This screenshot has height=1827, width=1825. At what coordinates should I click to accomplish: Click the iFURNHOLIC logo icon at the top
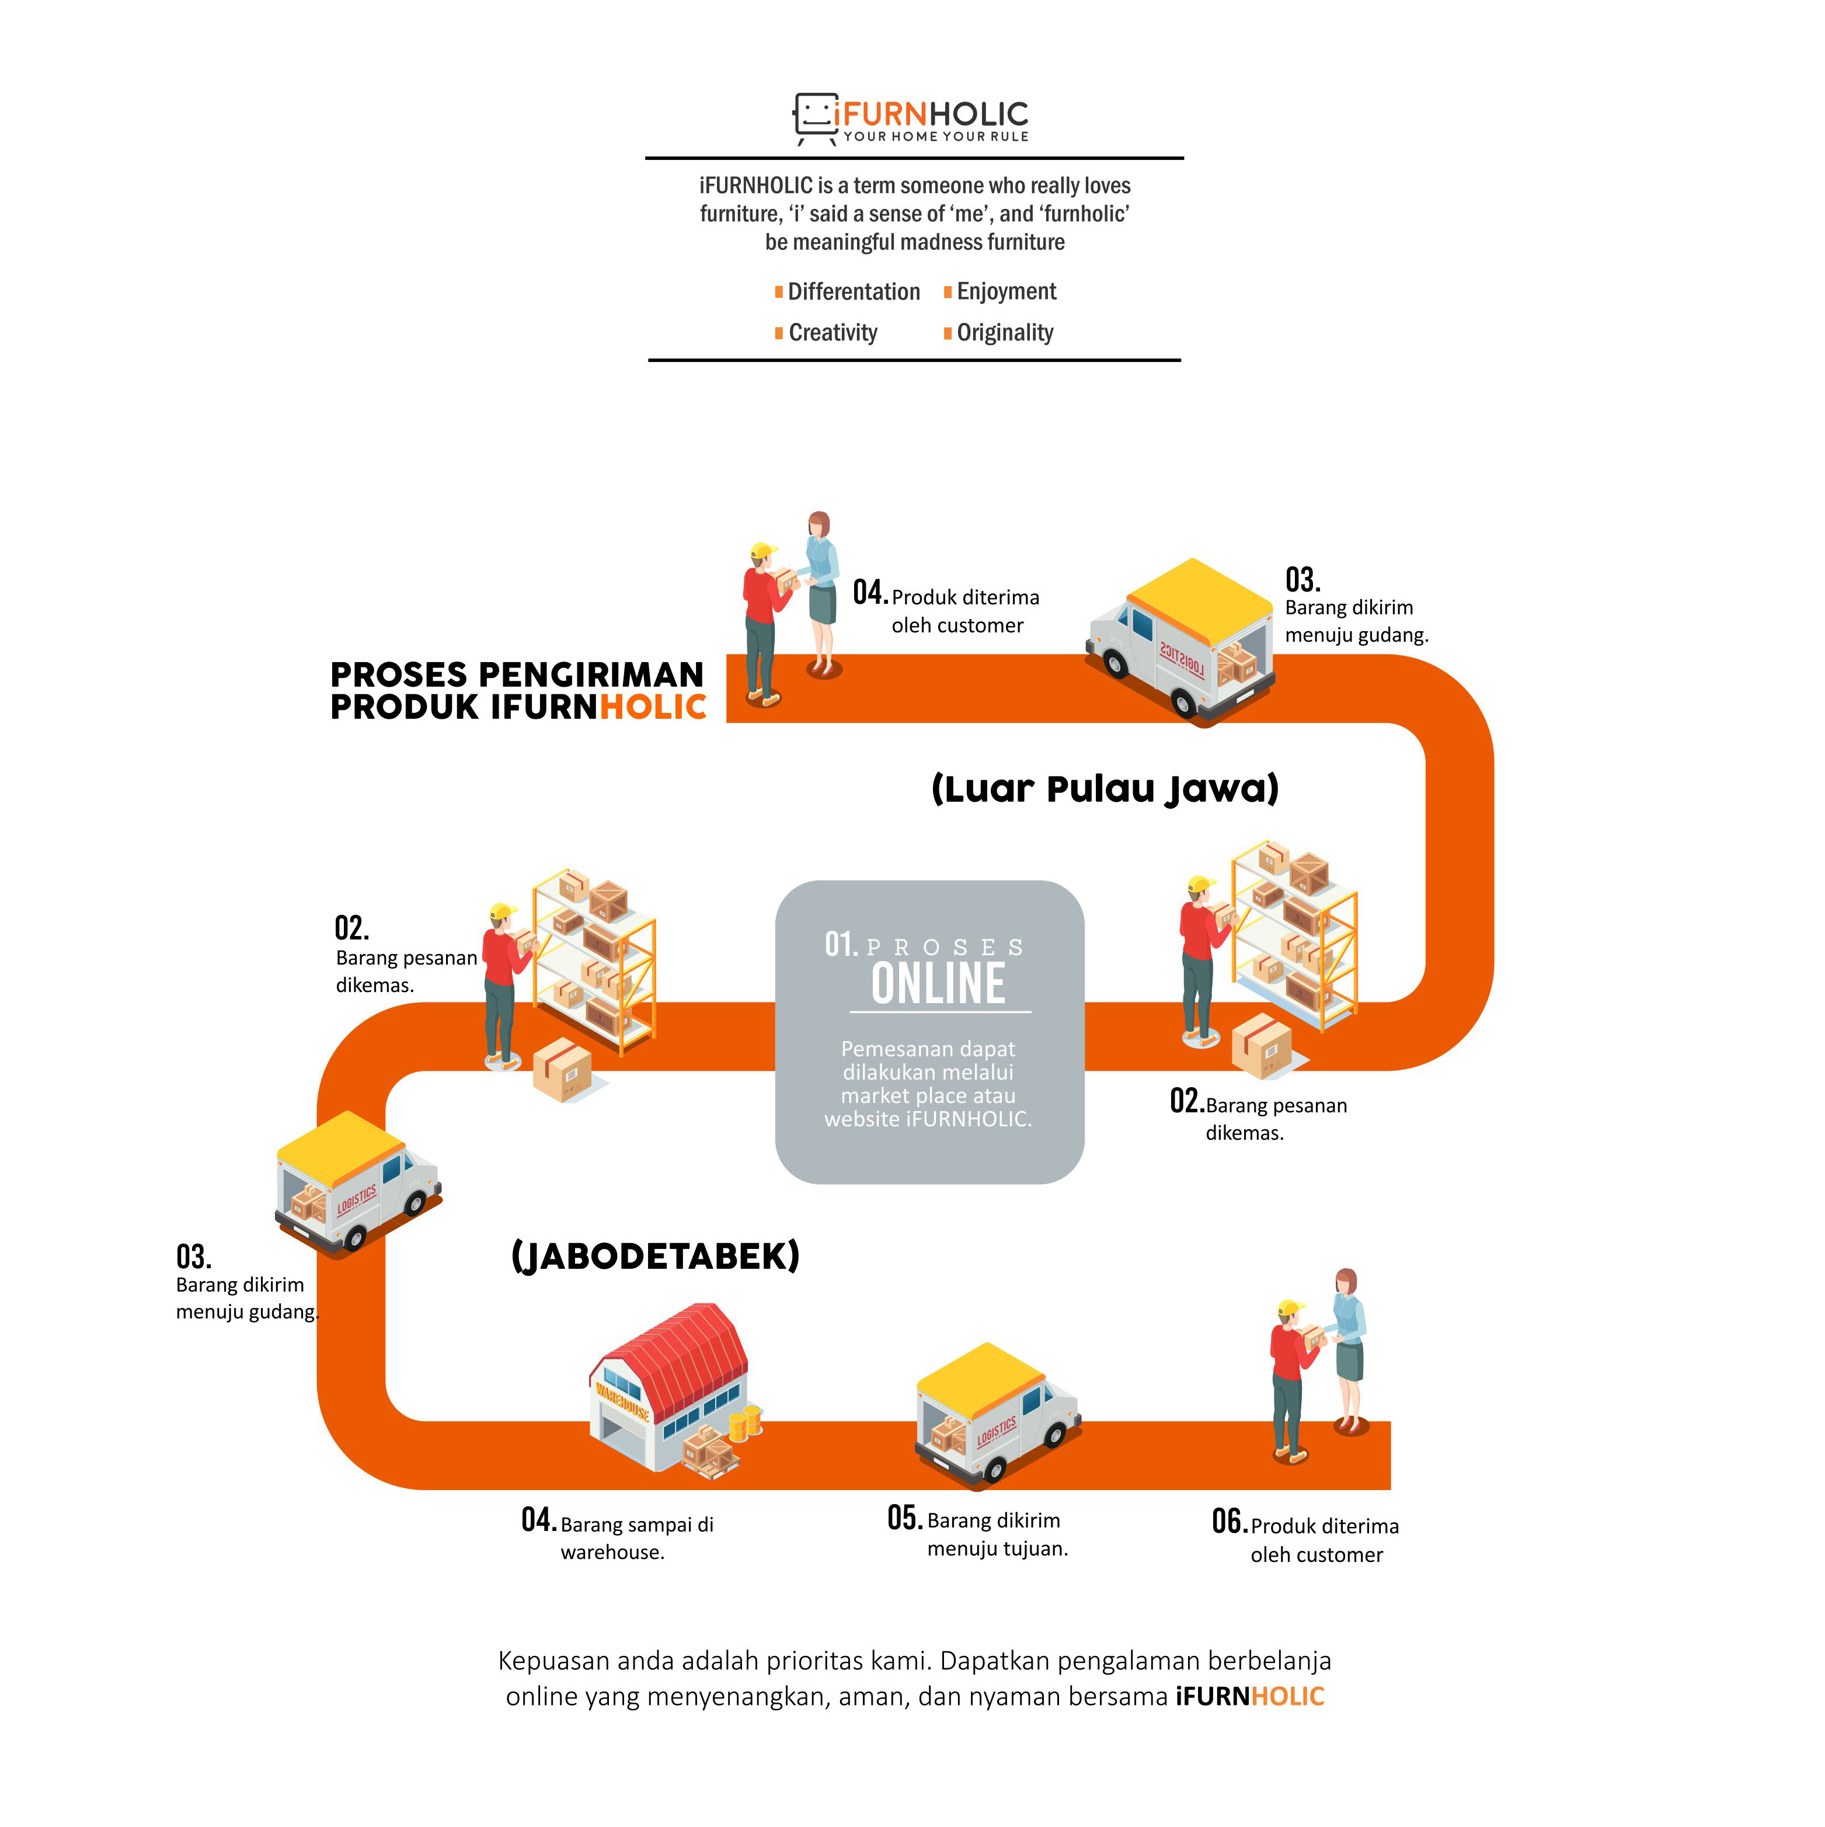coord(815,118)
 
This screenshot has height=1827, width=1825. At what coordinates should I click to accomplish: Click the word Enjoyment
coord(1006,291)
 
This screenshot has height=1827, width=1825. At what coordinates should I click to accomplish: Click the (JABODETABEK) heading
coord(655,1257)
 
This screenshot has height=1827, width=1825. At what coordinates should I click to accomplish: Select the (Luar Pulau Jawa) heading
coord(1105,789)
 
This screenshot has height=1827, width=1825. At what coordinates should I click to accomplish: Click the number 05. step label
coord(905,1518)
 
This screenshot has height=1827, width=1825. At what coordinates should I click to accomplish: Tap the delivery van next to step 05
coord(997,1413)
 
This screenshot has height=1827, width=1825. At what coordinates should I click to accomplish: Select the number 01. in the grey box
coord(841,944)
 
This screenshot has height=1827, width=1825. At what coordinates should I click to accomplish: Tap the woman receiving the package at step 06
coord(1349,1351)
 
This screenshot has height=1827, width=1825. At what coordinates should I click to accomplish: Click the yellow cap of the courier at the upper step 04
coord(762,551)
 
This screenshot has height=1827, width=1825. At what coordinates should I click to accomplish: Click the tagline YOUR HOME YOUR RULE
coord(936,136)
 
